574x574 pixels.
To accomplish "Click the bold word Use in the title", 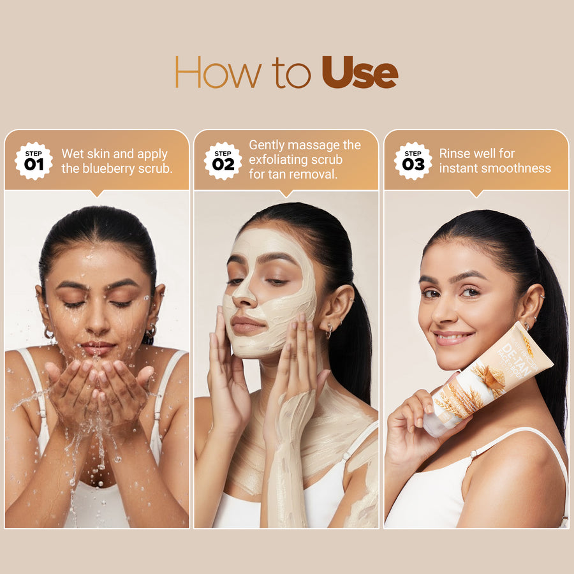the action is pyautogui.click(x=360, y=72).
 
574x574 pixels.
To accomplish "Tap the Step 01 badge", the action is pyautogui.click(x=34, y=161).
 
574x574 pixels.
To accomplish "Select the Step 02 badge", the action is pyautogui.click(x=223, y=161).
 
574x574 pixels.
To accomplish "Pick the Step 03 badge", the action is pyautogui.click(x=413, y=161).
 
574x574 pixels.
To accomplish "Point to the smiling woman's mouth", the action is pyautogui.click(x=453, y=337).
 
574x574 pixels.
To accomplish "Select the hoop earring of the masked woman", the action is pyautogui.click(x=329, y=330).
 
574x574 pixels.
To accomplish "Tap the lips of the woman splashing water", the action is pyautogui.click(x=98, y=348).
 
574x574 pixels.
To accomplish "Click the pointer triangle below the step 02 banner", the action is pyautogui.click(x=286, y=193).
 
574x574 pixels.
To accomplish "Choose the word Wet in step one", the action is pyautogui.click(x=71, y=154).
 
